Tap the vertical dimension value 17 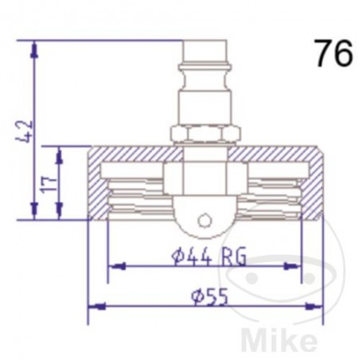pyautogui.click(x=49, y=184)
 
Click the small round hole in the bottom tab pyautogui.click(x=205, y=219)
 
